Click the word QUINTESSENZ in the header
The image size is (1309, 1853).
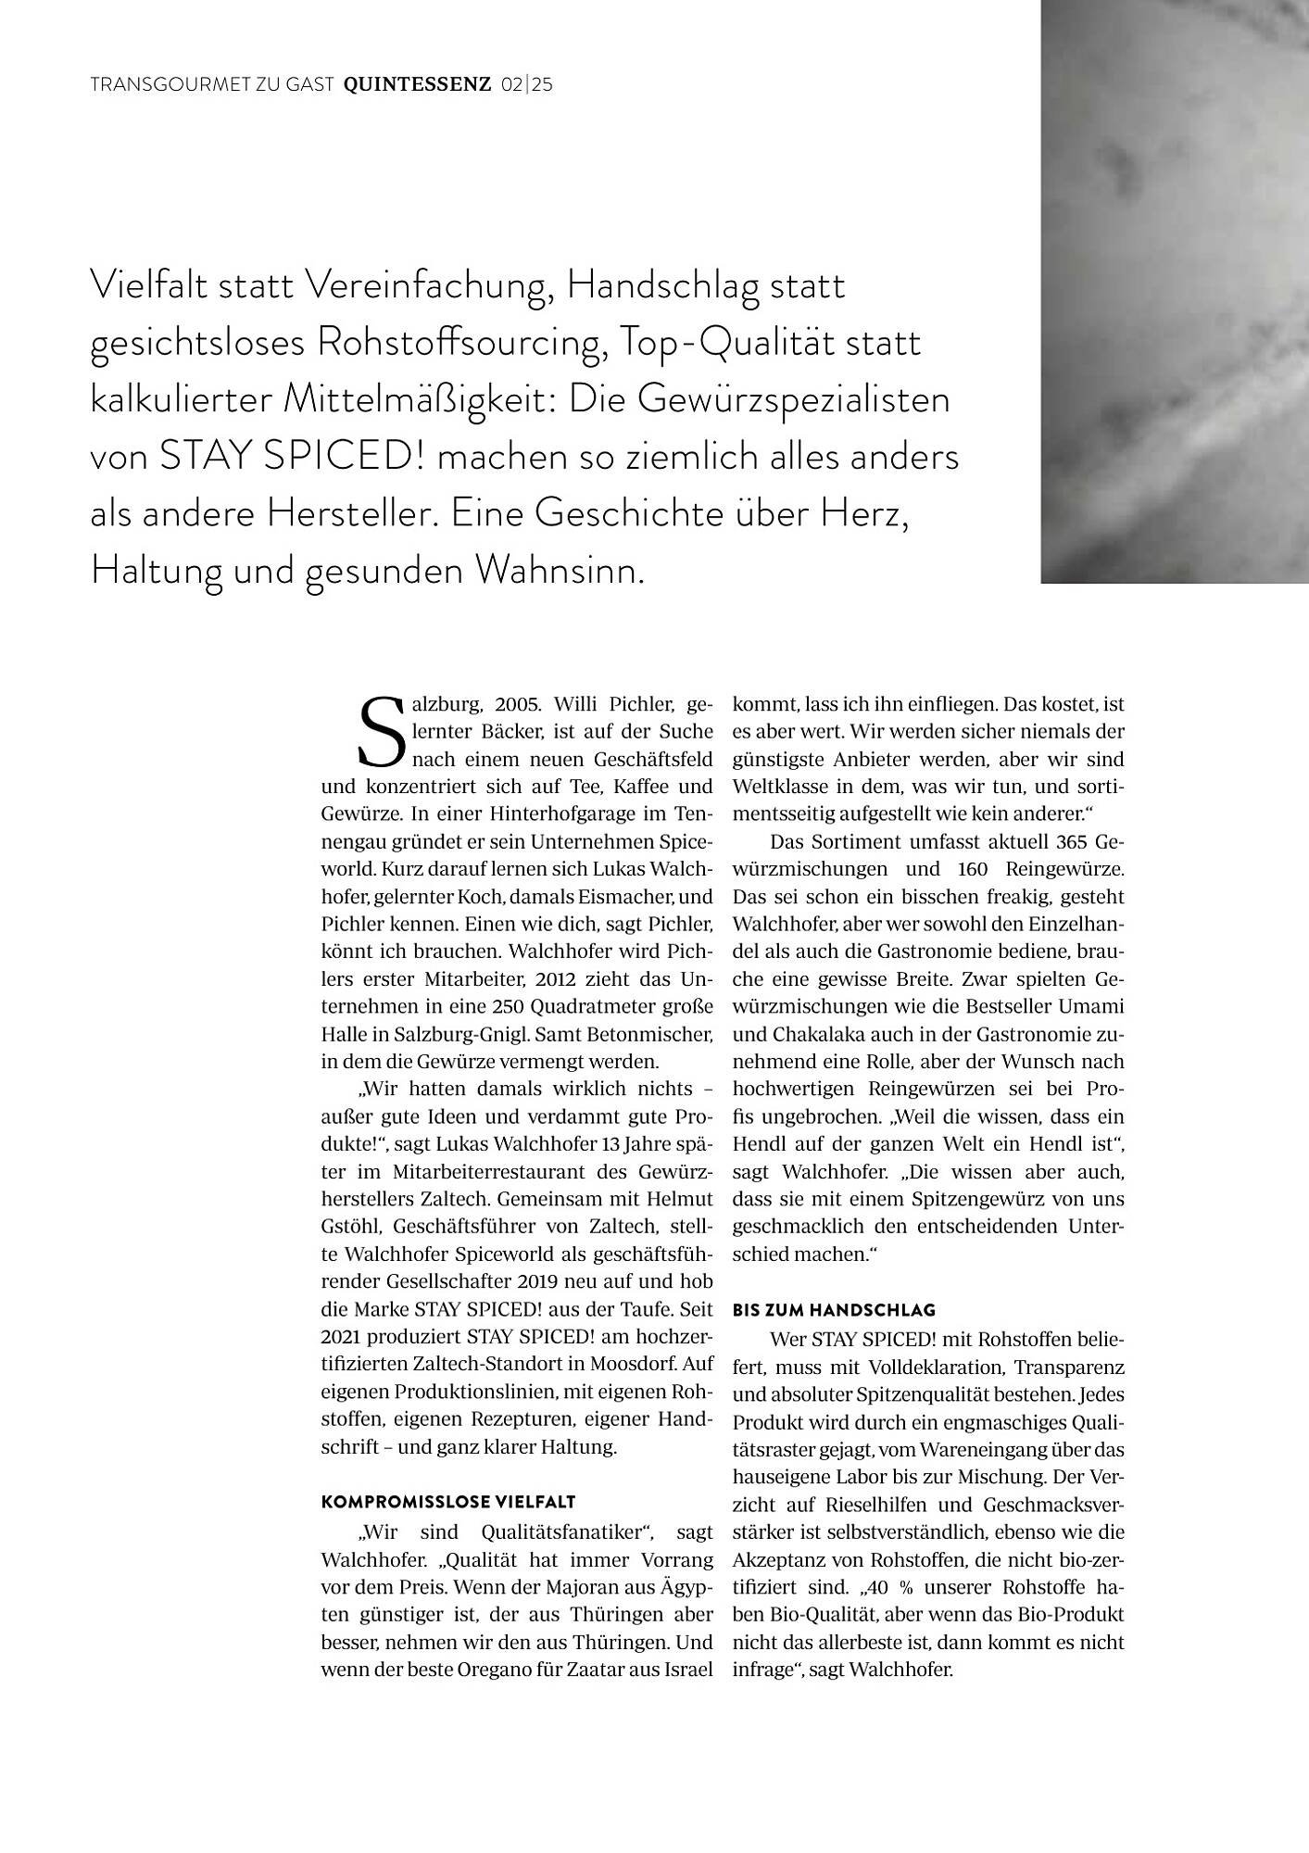[417, 85]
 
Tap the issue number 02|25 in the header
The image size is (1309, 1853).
[526, 85]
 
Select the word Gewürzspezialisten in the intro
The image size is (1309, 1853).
[794, 399]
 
